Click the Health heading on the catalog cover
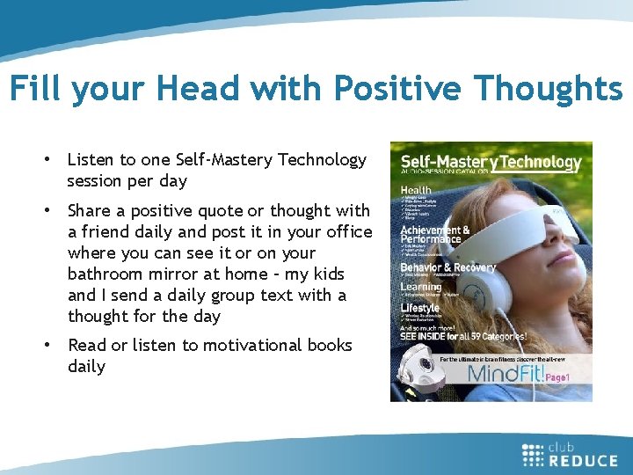[x=416, y=188]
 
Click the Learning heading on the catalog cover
[x=422, y=286]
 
